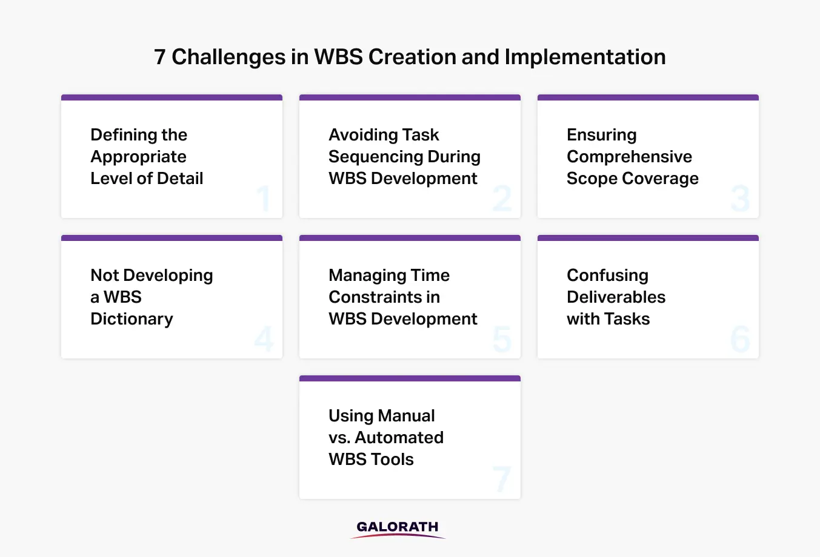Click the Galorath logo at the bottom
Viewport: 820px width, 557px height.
coord(398,529)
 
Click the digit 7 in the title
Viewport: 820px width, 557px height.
coord(159,58)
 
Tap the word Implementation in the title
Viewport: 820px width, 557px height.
coord(585,58)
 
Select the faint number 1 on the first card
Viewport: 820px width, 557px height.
coord(264,198)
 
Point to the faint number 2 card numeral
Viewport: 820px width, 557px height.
coord(502,198)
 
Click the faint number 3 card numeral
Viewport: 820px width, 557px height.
coord(740,198)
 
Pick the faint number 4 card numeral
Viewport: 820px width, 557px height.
coord(264,338)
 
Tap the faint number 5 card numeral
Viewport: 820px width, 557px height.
coord(502,339)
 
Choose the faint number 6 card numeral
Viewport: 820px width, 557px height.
coord(740,339)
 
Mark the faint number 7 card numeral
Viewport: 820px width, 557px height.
coord(502,479)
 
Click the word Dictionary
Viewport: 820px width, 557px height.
coord(132,319)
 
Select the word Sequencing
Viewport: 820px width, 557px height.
coord(375,157)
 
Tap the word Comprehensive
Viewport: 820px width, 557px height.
coord(629,157)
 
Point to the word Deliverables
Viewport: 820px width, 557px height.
coord(616,297)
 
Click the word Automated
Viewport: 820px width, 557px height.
coord(399,437)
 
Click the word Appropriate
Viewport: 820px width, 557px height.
coord(138,157)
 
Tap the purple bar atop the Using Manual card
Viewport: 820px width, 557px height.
coord(410,378)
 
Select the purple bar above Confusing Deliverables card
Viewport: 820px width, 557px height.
coord(648,238)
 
